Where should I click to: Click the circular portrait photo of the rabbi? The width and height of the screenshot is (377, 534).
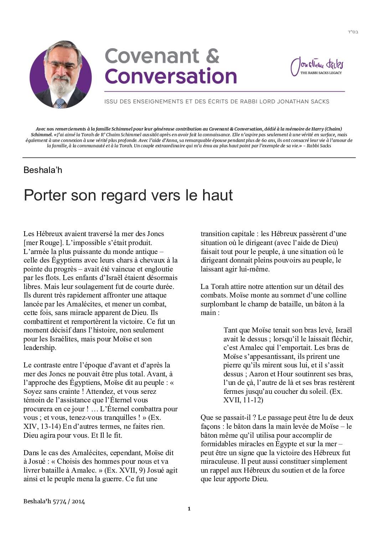[x=61, y=75]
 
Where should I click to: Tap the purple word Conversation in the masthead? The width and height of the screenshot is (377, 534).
[x=171, y=76]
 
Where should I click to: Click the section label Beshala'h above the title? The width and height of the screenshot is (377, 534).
[x=43, y=170]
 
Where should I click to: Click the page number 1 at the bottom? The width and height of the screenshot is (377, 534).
[x=189, y=509]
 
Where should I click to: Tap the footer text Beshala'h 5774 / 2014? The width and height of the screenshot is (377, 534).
[x=54, y=501]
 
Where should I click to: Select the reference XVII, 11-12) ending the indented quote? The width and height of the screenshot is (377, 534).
[x=243, y=400]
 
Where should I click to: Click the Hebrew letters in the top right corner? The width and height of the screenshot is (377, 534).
[x=352, y=32]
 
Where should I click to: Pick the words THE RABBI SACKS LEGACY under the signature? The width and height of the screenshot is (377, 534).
[x=321, y=73]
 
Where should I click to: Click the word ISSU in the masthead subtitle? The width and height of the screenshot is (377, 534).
[x=111, y=101]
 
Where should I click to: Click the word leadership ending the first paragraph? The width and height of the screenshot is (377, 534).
[x=40, y=347]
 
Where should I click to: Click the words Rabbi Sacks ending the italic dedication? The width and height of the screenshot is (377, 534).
[x=319, y=146]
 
